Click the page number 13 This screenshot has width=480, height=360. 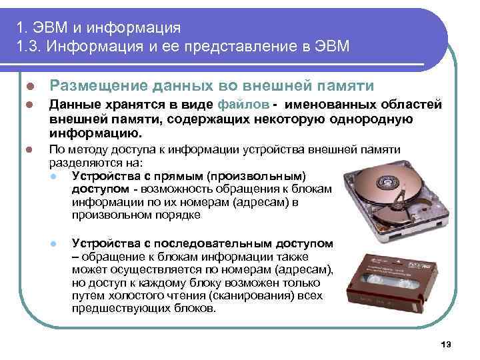(x=447, y=343)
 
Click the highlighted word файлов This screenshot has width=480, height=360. (x=244, y=105)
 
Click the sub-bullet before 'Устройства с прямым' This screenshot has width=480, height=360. (x=54, y=177)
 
